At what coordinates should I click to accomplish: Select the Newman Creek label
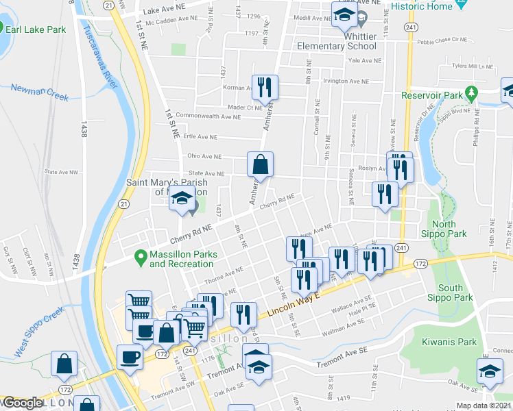pos(40,92)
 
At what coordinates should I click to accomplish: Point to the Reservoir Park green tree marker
pos(470,92)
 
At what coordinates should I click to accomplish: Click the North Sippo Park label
pos(449,229)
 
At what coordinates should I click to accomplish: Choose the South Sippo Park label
pos(451,292)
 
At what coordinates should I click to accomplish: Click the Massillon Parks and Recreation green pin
pos(141,258)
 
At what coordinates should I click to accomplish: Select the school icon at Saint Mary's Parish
pos(181,199)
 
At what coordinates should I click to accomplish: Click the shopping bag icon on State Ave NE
pos(261,164)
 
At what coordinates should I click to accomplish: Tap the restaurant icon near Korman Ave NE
pos(265,87)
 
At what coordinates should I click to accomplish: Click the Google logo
pos(22,403)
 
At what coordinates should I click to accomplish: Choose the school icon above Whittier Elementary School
pos(344,15)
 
